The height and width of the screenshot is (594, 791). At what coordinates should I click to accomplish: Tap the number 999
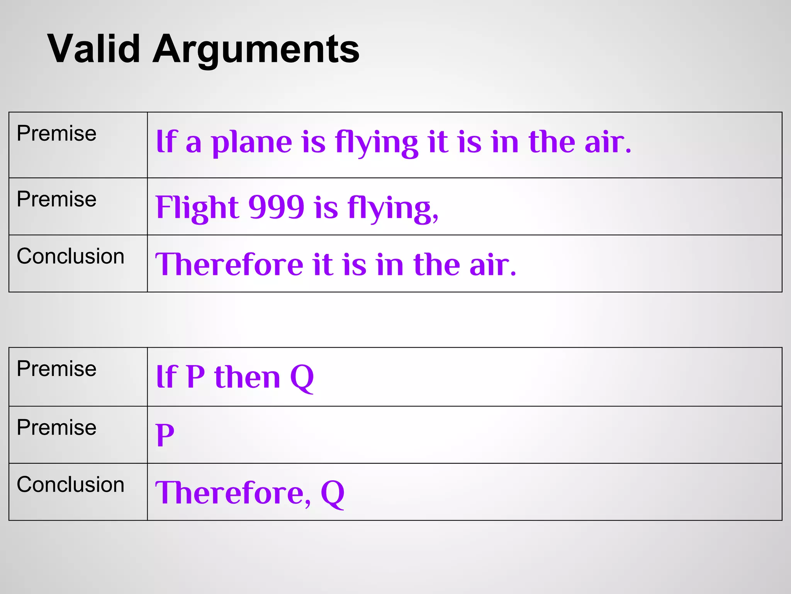click(277, 208)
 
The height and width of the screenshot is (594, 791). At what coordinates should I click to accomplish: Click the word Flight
click(197, 208)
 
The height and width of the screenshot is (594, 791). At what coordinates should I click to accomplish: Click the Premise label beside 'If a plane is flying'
click(56, 134)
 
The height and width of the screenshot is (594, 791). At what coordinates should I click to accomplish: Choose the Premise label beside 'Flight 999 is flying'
click(56, 200)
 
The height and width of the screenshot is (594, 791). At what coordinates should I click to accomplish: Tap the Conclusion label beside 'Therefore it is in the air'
click(70, 256)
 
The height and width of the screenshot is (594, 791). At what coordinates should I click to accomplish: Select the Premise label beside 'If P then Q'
click(56, 369)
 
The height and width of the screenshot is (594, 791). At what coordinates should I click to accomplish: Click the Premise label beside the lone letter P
click(56, 428)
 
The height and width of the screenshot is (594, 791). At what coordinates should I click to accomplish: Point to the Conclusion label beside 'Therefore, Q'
click(70, 485)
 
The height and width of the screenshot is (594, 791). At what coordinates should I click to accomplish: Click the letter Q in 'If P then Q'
click(302, 377)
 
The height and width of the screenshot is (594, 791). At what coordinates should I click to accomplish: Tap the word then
click(247, 377)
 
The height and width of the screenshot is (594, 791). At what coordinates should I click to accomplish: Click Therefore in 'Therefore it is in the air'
click(229, 265)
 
